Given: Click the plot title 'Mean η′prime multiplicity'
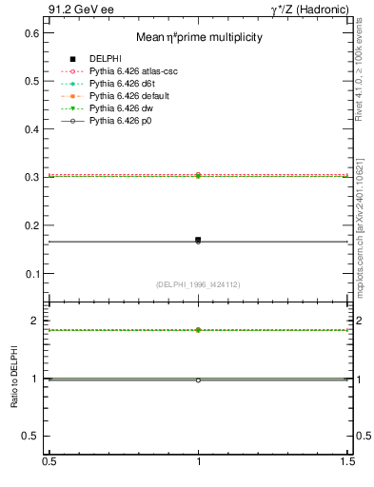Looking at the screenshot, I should point(199,37).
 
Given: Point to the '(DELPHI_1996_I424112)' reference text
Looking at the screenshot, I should point(198,284).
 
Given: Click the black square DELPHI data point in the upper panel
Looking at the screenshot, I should point(198,240).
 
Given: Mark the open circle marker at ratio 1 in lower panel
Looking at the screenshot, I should point(198,380).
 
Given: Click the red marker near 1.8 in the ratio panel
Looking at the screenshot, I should point(198,330).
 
